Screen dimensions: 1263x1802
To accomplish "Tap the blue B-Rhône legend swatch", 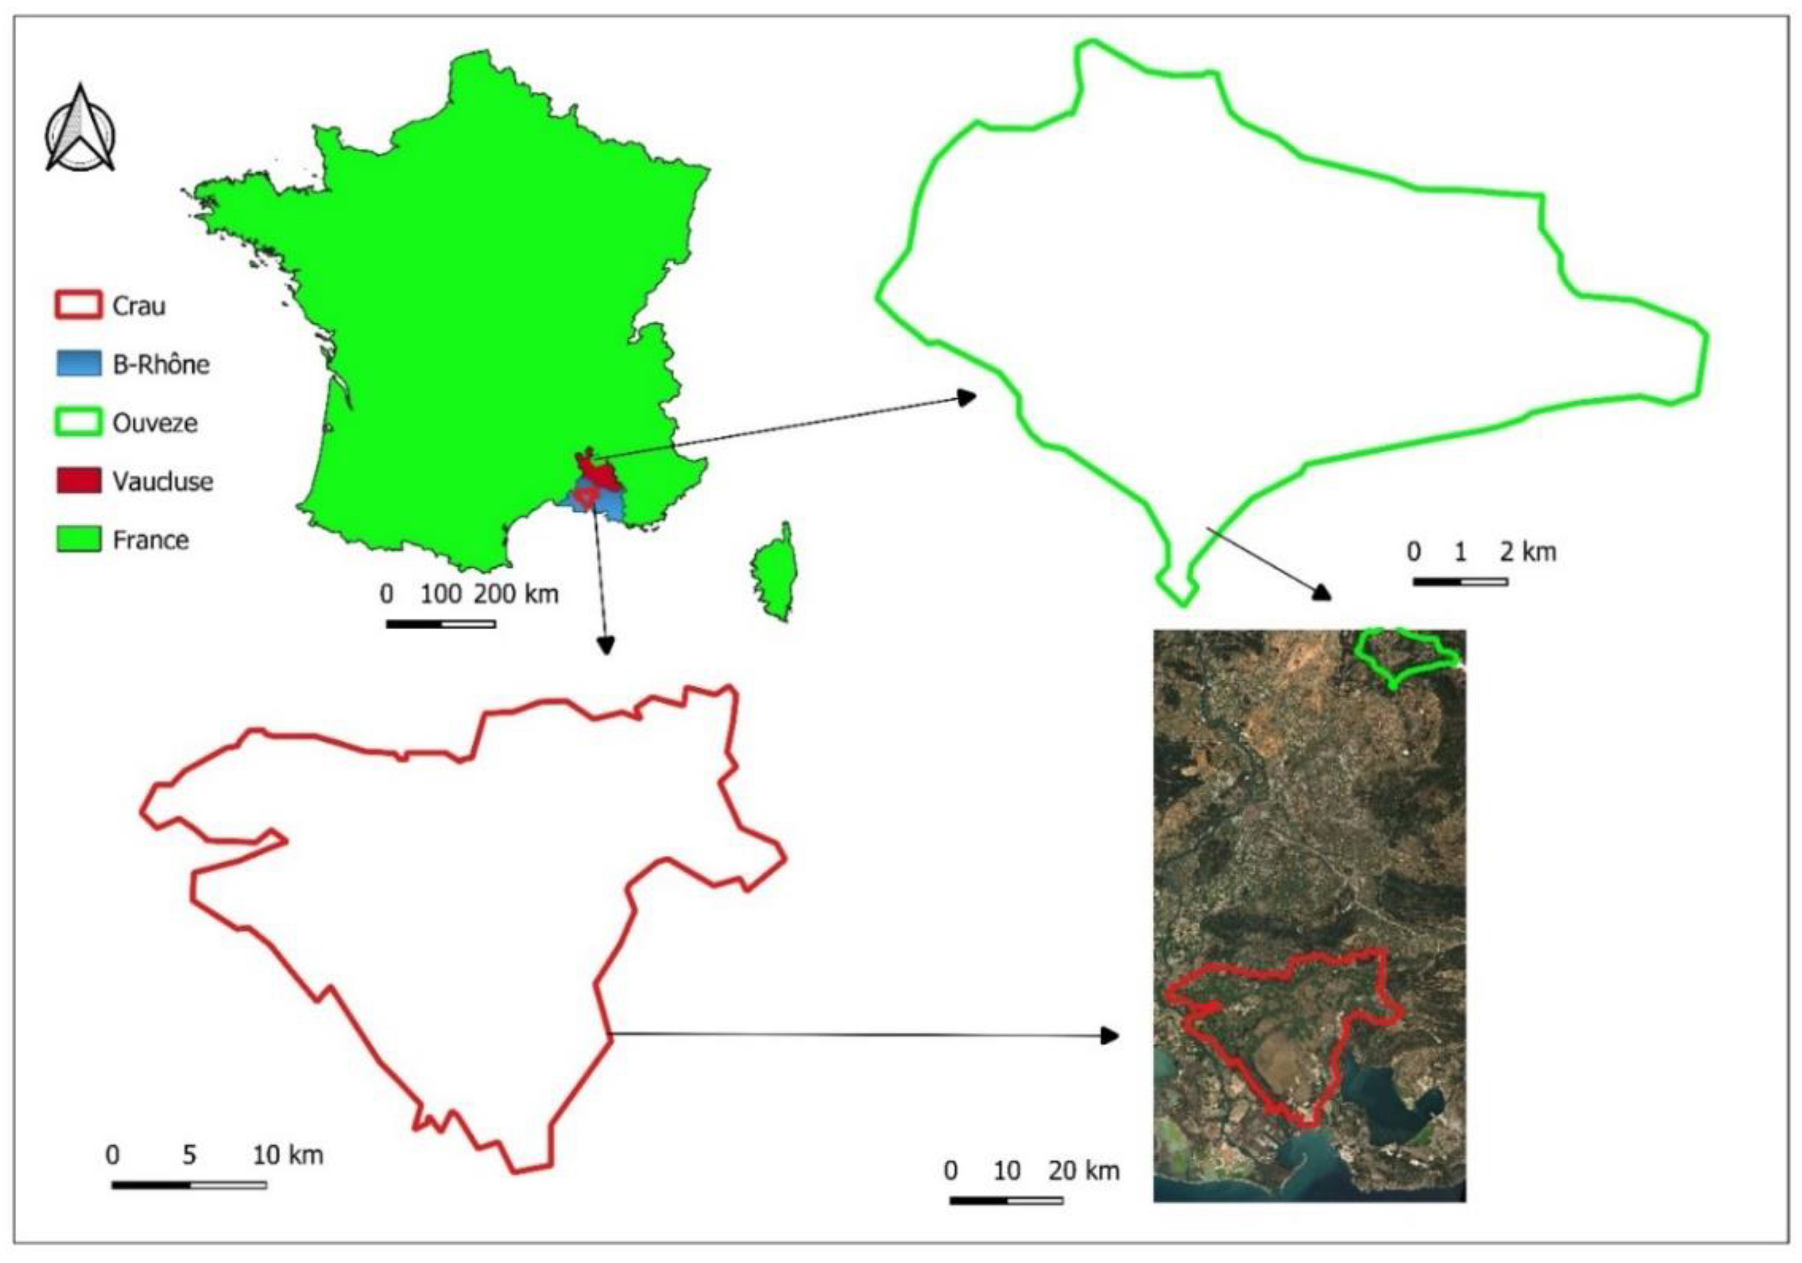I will click(78, 364).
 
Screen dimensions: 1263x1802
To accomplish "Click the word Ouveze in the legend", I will click(155, 423).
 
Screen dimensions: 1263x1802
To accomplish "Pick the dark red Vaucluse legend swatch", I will click(78, 480).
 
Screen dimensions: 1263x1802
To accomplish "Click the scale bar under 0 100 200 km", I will click(440, 624).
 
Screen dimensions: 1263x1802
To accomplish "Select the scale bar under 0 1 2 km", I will click(1460, 582).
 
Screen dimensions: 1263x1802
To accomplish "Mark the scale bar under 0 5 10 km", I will click(188, 1185).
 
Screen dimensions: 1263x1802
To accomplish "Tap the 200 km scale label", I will click(516, 594).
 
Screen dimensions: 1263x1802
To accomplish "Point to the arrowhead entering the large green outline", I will click(967, 397).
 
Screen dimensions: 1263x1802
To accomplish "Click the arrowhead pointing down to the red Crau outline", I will click(605, 644).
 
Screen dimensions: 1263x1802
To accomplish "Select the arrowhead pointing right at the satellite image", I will click(1110, 1036).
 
